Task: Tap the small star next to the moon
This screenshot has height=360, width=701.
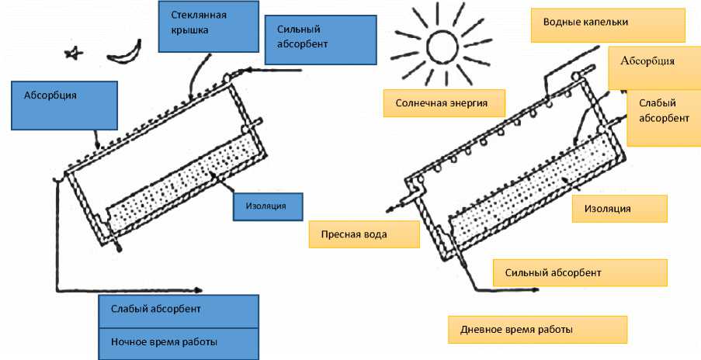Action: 74,54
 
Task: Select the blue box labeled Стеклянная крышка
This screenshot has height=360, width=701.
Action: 209,26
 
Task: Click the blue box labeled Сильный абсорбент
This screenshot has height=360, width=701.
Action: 321,40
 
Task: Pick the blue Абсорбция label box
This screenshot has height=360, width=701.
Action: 64,106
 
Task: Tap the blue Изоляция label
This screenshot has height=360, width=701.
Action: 268,207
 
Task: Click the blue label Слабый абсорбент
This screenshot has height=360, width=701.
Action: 179,311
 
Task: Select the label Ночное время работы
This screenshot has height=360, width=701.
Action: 179,344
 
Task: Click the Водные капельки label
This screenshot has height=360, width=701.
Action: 608,25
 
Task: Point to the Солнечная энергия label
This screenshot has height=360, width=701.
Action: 444,103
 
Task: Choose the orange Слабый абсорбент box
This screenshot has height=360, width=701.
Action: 664,117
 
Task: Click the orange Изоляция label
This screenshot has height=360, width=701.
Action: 619,209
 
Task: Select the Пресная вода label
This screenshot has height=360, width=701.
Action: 364,234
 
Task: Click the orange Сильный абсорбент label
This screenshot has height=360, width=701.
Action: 581,272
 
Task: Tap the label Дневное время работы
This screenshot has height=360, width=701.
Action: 537,330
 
